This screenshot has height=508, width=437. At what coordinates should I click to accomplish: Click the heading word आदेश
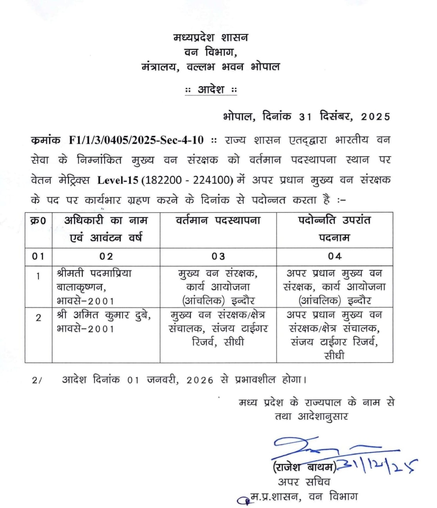coord(211,89)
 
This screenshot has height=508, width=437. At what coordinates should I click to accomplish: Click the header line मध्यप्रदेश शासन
coord(211,37)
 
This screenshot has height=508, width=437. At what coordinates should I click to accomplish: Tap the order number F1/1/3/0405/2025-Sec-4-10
coord(136,140)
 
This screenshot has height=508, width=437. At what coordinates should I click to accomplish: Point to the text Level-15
coord(118,180)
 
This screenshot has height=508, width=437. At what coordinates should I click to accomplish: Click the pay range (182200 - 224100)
coord(187,180)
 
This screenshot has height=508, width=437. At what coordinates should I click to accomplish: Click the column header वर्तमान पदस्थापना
coord(218,220)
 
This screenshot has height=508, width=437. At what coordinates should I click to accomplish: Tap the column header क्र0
coord(38,221)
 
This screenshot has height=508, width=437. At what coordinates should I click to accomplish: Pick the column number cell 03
coord(218,256)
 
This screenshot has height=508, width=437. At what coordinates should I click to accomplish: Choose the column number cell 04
coord(335,256)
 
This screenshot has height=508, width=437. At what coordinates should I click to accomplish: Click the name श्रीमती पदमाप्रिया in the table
coord(94,273)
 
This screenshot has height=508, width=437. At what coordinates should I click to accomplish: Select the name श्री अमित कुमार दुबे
coord(104,315)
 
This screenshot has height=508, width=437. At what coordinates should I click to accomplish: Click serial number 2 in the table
coord(38,318)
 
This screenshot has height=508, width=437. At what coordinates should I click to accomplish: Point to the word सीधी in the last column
coord(334,355)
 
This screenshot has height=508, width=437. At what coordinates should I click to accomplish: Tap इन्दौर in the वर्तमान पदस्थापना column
coord(243,301)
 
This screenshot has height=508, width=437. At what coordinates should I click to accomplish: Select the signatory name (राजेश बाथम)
coord(304,467)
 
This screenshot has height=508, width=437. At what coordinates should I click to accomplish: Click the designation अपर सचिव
coord(304,482)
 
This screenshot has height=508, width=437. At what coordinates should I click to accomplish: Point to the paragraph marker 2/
coord(37,380)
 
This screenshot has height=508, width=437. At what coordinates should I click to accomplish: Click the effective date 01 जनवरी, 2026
coord(170,380)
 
